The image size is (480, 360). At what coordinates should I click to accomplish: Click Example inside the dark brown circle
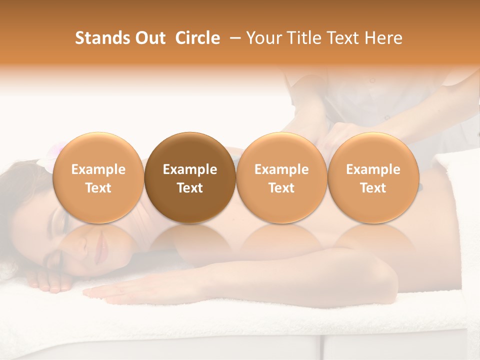click(190, 169)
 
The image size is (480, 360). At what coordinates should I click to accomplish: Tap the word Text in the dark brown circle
click(190, 188)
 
